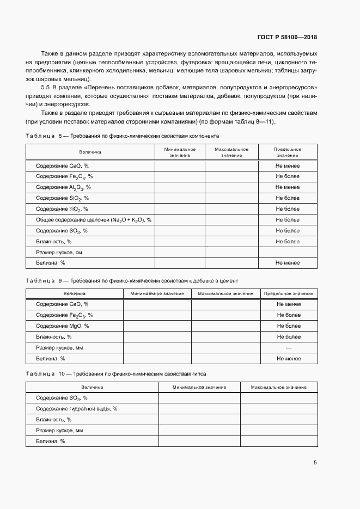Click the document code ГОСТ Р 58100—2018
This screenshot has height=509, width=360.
pyautogui.click(x=288, y=38)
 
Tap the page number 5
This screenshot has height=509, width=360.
pyautogui.click(x=315, y=463)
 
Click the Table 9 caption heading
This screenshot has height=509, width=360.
pyautogui.click(x=132, y=280)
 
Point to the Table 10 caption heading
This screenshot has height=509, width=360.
pyautogui.click(x=116, y=375)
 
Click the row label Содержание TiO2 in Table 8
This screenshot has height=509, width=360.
pyautogui.click(x=62, y=209)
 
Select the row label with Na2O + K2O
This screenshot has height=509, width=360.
pyautogui.click(x=93, y=220)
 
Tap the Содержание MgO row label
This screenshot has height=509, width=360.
pyautogui.click(x=62, y=326)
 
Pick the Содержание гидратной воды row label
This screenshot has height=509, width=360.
pyautogui.click(x=76, y=408)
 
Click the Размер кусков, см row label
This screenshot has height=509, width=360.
pyautogui.click(x=59, y=253)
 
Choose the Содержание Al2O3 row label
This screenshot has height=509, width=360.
pyautogui.click(x=63, y=187)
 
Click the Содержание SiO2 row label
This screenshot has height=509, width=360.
pyautogui.click(x=62, y=198)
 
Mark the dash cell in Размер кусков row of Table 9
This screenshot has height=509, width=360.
pyautogui.click(x=289, y=348)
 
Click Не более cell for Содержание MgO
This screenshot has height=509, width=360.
pyautogui.click(x=289, y=326)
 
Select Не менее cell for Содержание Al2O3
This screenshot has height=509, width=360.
pyautogui.click(x=288, y=187)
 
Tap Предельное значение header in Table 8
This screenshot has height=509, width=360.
pyautogui.click(x=288, y=152)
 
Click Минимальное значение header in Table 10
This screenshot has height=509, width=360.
pyautogui.click(x=199, y=387)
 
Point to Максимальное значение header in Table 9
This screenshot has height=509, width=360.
pyautogui.click(x=225, y=293)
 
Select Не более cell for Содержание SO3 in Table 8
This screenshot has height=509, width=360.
pyautogui.click(x=288, y=231)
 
